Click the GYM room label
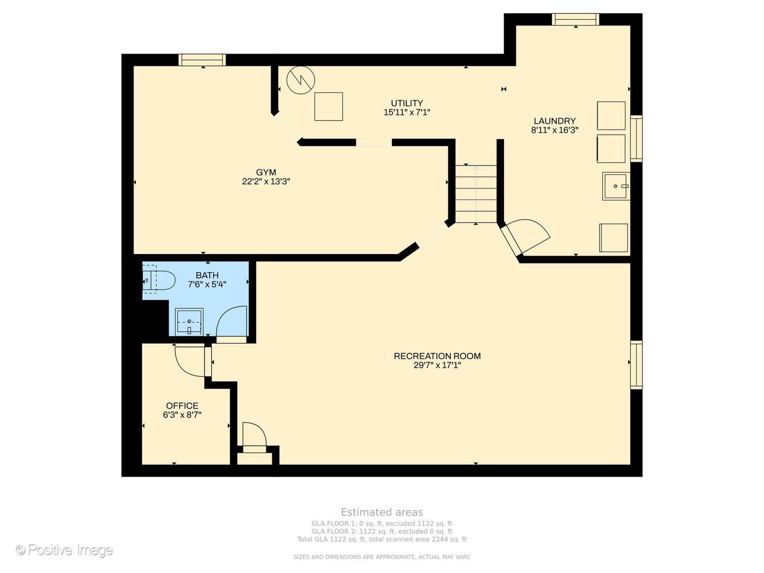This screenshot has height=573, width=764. pos(266,172)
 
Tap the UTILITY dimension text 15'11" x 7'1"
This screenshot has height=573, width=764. pos(406,112)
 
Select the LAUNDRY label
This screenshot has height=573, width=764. pos(554,121)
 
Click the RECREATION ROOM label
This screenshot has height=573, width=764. pos(437,356)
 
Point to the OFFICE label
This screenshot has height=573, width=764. pos(182,406)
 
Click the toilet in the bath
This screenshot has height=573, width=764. pos(159,280)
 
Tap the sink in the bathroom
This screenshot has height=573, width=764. pos(189,322)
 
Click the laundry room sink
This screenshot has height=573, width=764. pos(616,186)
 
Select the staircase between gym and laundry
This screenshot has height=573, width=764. pos(475,194)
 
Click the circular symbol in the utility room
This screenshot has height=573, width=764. pos(301,81)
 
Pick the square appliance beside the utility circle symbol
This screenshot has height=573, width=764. pos(328,107)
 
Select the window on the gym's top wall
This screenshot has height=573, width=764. pos(202,60)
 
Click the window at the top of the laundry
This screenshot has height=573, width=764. pos(576,20)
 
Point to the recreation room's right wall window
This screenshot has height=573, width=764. pos(636,364)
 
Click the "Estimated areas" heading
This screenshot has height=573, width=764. pos(381,513)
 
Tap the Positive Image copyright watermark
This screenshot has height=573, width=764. pos(64,550)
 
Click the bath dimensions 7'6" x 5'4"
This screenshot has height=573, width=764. pos(207,284)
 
